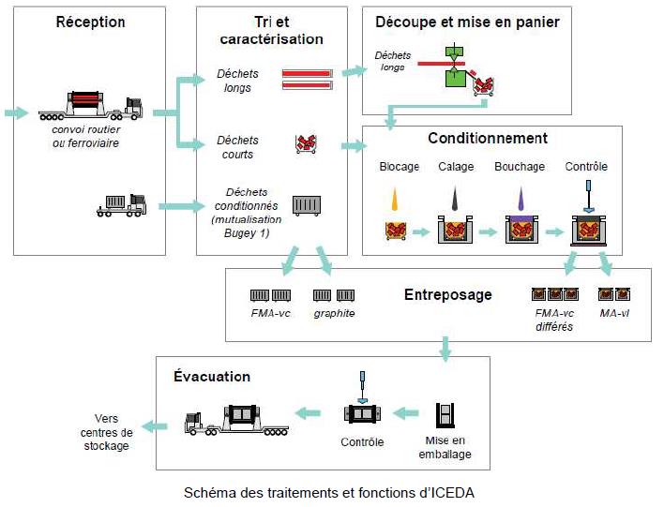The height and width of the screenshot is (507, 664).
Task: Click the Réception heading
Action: click(x=90, y=22)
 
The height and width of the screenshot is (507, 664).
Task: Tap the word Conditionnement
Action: click(x=488, y=138)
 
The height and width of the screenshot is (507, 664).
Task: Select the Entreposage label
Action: click(x=448, y=294)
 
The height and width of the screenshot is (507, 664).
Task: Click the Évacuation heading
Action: click(x=212, y=376)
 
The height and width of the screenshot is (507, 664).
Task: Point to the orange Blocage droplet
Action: click(x=395, y=199)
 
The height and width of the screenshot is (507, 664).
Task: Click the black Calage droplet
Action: click(x=455, y=198)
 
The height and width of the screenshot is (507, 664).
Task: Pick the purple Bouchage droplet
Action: click(x=521, y=199)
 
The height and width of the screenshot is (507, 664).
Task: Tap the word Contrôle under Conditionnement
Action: click(x=586, y=166)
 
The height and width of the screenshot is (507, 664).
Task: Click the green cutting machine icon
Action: click(x=454, y=66)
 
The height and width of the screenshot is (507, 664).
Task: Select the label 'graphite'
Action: click(x=334, y=314)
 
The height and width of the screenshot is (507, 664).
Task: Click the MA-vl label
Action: click(x=614, y=313)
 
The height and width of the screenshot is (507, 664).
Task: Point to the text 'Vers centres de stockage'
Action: click(x=106, y=432)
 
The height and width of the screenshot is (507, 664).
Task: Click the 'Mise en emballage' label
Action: click(x=445, y=447)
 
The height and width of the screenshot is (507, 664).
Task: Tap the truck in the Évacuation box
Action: click(x=236, y=420)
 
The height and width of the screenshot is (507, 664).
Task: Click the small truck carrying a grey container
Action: click(x=122, y=205)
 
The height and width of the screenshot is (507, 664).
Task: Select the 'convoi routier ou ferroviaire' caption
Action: click(x=86, y=136)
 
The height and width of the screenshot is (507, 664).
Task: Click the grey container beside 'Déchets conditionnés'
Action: click(x=307, y=206)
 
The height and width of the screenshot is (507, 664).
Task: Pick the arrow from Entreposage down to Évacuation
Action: click(x=445, y=350)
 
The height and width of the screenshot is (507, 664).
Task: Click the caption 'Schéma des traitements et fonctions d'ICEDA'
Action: click(x=329, y=493)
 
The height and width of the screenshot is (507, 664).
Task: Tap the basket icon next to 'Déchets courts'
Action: click(x=306, y=144)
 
